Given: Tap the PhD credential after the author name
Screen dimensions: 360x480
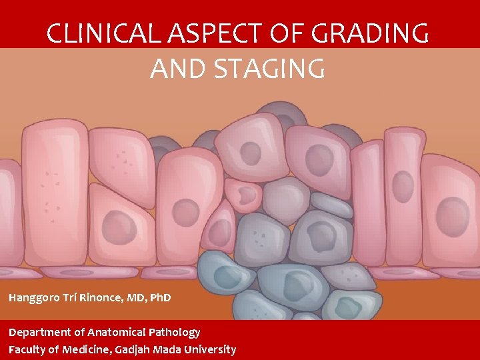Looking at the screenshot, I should pos(160,297).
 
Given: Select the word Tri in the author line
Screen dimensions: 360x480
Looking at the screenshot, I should pos(71,297).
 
